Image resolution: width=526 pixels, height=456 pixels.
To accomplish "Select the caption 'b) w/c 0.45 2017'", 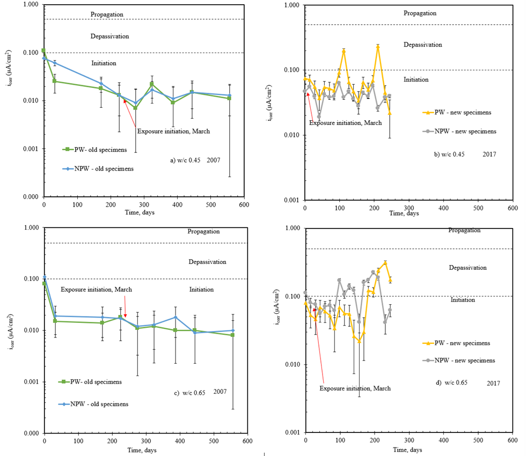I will coord(465,155).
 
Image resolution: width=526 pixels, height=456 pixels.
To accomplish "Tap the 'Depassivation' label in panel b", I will coord(422,45).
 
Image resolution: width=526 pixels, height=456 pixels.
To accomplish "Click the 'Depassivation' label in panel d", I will coord(467,267).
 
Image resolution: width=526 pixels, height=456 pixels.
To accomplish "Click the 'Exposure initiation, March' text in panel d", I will coord(355,388).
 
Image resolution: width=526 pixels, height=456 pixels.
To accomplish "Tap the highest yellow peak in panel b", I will coord(378,47).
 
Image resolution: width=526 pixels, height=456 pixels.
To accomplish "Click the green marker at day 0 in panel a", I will coord(43,50).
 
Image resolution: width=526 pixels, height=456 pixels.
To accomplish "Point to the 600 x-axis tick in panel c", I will coord(247,440).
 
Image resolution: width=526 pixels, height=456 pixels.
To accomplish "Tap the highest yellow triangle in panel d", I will coord(385,262).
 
